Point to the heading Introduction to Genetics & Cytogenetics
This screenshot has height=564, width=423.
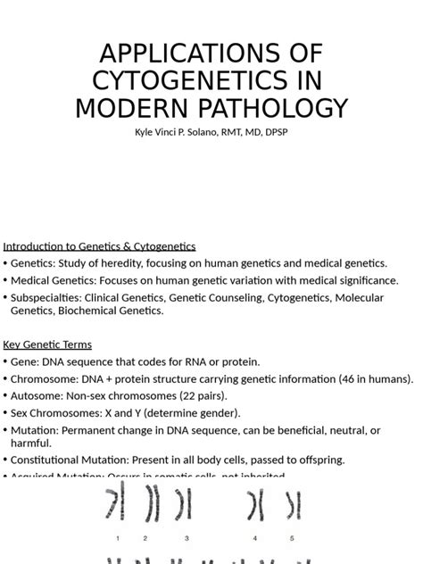click(99, 246)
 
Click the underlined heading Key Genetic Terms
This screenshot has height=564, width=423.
click(47, 344)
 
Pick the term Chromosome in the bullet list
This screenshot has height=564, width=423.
click(44, 378)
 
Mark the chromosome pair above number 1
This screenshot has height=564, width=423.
click(113, 505)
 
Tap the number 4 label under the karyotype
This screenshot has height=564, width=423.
click(255, 538)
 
